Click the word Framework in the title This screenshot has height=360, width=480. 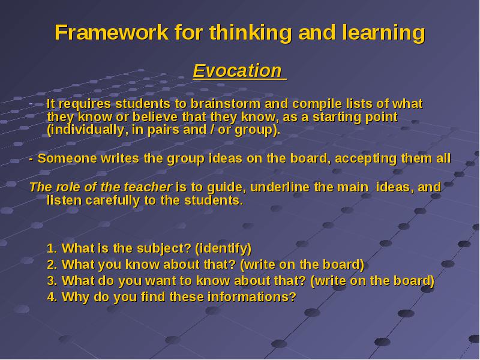[112, 32]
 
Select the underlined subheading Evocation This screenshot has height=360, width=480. [237, 71]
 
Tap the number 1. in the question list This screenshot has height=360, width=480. [52, 248]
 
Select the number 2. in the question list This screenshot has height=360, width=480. [52, 265]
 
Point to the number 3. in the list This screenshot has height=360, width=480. [52, 281]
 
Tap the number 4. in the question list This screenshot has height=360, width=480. [52, 297]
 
